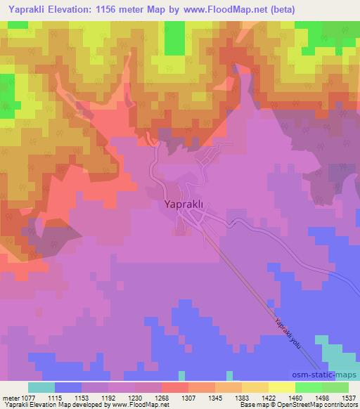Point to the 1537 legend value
pos(349,397)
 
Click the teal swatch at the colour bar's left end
pos(41,387)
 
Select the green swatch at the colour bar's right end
pos(335,387)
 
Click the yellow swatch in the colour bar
pos(282,387)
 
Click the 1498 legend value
pos(323,397)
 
